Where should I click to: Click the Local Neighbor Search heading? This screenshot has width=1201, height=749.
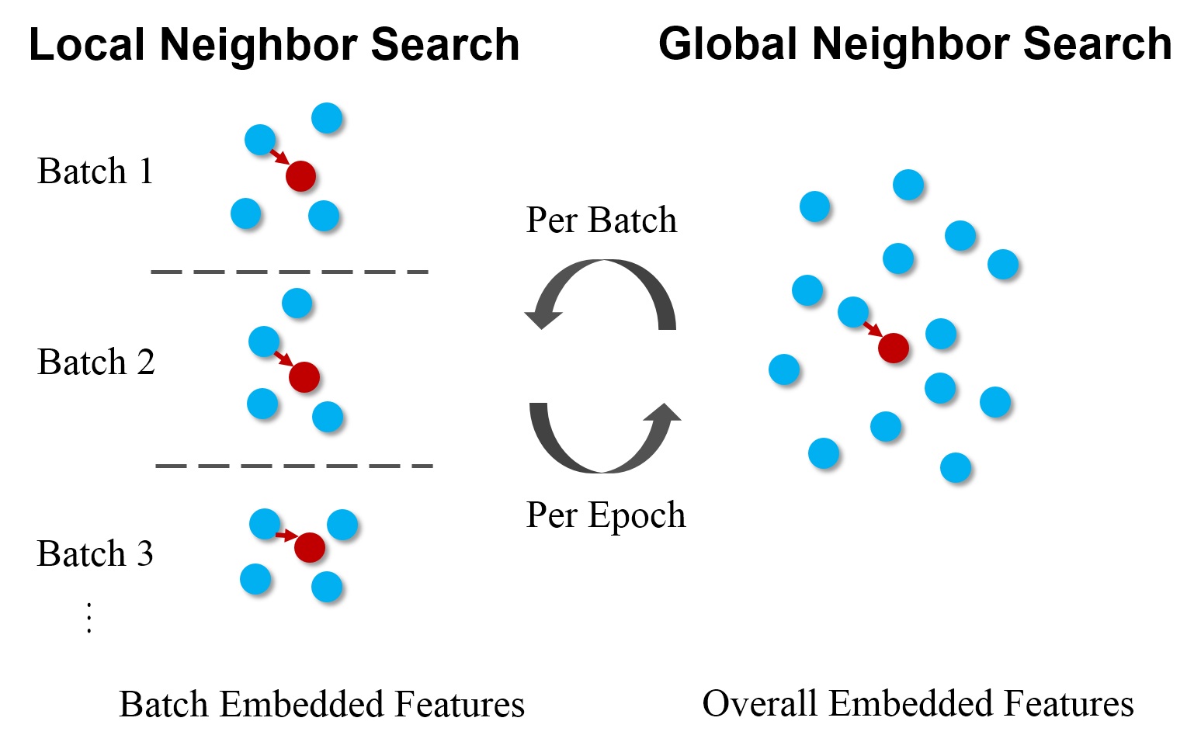tap(274, 44)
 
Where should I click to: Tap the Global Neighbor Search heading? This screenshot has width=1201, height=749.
tap(915, 43)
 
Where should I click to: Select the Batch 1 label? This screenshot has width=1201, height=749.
tap(95, 172)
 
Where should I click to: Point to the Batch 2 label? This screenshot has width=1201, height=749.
tap(95, 362)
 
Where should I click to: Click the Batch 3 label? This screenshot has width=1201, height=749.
tap(95, 554)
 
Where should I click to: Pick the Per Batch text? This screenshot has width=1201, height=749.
tap(601, 220)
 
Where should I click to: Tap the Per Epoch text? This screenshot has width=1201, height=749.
tap(606, 515)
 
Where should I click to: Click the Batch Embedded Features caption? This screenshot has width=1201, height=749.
tap(321, 705)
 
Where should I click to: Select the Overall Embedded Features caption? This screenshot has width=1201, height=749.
tap(918, 704)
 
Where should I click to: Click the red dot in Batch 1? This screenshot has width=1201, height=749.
tap(300, 176)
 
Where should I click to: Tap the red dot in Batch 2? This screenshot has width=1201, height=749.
tap(304, 377)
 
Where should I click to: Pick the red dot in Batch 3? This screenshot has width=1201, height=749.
tap(309, 548)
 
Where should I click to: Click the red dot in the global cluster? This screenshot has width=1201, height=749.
tap(893, 348)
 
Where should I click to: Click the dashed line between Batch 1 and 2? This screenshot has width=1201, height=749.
tap(290, 272)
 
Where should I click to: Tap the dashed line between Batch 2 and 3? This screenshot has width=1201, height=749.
tap(293, 466)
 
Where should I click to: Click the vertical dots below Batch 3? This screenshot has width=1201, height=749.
tap(89, 618)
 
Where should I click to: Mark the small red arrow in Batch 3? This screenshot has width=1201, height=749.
tap(286, 535)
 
